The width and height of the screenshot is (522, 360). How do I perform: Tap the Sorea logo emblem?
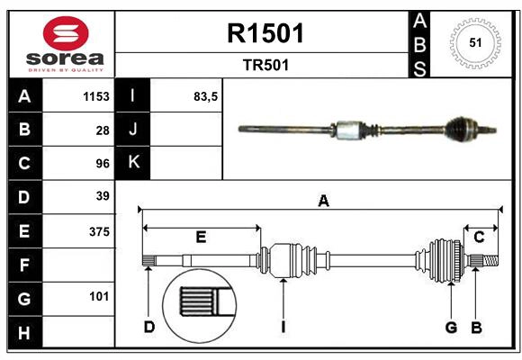(x=65, y=33)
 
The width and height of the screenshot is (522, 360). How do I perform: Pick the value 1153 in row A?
(x=96, y=96)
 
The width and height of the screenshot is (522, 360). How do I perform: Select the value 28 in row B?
(x=103, y=130)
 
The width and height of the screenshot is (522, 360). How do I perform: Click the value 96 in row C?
(x=103, y=163)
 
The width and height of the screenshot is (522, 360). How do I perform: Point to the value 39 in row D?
(x=103, y=196)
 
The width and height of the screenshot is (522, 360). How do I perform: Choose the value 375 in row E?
(x=99, y=231)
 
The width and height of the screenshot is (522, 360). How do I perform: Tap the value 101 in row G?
(x=99, y=296)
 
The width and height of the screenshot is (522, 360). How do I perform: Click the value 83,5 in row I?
(x=206, y=96)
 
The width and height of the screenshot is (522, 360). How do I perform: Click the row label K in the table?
(x=133, y=163)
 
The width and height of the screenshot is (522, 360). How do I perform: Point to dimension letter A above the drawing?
(x=323, y=202)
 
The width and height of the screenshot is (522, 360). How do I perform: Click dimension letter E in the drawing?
(x=201, y=237)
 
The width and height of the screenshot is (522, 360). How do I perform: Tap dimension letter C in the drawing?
(x=479, y=237)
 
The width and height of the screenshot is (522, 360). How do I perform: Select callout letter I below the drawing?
(x=283, y=327)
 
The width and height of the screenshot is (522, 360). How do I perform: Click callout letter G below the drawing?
(x=451, y=327)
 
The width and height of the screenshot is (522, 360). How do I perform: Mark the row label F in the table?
(x=24, y=265)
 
